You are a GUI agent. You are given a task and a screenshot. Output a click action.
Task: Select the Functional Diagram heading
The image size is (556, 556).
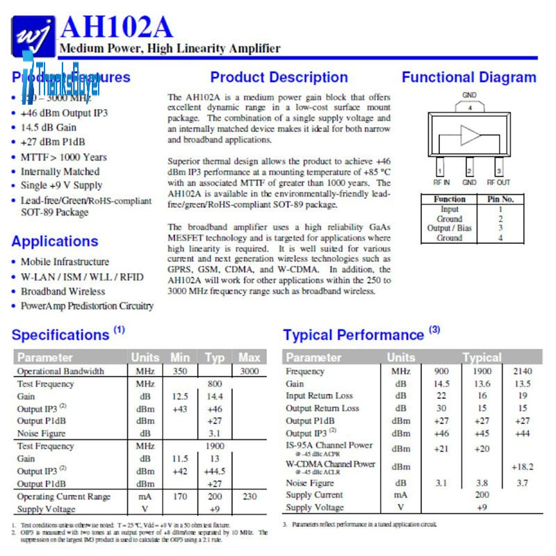468,77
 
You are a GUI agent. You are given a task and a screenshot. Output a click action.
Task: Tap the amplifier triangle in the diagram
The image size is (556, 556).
471,135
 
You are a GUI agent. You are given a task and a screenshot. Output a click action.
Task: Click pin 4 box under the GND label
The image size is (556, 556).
470,108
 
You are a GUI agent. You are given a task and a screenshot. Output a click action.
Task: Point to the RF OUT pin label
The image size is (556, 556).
498,182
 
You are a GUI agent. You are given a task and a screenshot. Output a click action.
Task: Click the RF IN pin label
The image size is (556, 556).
441,182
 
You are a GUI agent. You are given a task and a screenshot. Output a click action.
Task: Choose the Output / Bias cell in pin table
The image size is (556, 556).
450,228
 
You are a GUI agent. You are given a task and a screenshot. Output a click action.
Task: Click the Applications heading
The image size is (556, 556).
55,241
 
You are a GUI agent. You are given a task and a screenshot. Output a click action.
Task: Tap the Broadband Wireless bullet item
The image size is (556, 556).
63,291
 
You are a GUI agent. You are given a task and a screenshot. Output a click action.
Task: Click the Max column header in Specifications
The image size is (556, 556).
249,357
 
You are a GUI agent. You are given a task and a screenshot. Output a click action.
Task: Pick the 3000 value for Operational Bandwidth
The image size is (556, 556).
249,371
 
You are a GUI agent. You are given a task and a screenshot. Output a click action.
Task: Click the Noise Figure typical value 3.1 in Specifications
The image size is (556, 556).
215,434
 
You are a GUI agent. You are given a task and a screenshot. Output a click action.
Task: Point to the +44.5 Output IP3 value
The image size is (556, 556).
215,471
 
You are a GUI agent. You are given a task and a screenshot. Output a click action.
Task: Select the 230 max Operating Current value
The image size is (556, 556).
249,496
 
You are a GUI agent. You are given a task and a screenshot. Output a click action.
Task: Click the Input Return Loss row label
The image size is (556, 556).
319,396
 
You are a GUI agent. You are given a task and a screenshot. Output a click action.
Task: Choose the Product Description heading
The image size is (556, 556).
279,77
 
